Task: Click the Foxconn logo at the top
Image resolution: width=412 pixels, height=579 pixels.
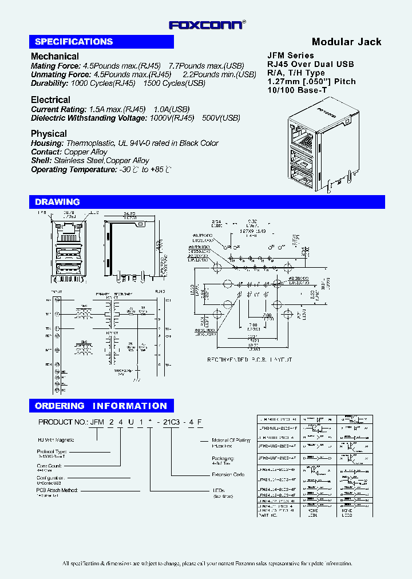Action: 207,25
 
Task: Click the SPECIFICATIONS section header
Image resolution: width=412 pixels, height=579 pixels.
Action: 74,42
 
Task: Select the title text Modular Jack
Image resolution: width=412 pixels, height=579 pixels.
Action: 346,42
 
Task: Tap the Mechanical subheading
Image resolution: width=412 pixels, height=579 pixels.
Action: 55,56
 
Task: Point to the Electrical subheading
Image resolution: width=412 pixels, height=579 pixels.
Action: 50,100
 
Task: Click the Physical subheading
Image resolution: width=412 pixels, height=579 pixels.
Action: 49,133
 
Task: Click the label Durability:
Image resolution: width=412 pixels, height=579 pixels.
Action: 50,83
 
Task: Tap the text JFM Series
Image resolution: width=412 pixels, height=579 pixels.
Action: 291,55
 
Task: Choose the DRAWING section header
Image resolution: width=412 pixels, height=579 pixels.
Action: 57,202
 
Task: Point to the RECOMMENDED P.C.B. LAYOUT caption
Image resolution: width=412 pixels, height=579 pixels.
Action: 249,360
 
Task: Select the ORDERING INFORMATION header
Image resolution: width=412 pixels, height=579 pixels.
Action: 101,406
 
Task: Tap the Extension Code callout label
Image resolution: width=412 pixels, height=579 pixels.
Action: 228,474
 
